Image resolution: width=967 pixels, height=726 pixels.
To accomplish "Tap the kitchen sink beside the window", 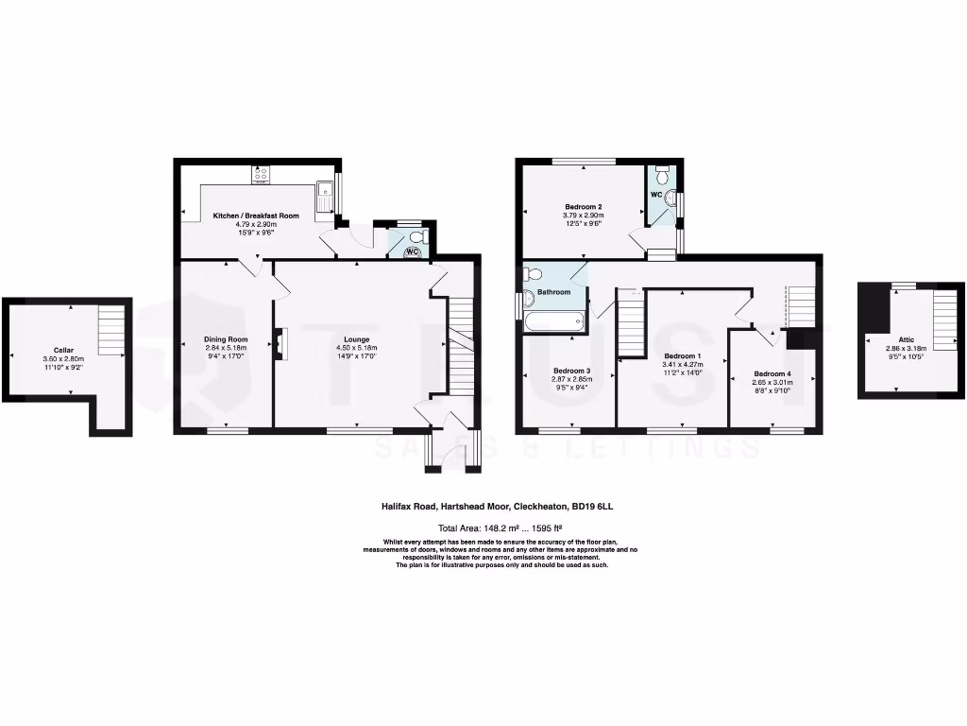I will (325, 195).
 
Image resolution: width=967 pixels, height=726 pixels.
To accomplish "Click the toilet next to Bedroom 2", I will (663, 174).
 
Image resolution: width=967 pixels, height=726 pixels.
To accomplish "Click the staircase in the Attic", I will (945, 320).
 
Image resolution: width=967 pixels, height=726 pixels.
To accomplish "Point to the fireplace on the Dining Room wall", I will (278, 343).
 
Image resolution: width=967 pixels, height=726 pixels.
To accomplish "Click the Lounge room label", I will (356, 339).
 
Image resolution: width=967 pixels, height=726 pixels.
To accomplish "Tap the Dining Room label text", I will (226, 339).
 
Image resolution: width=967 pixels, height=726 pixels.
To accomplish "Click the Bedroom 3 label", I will (571, 370).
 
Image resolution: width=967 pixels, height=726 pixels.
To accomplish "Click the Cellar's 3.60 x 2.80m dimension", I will (63, 359).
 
